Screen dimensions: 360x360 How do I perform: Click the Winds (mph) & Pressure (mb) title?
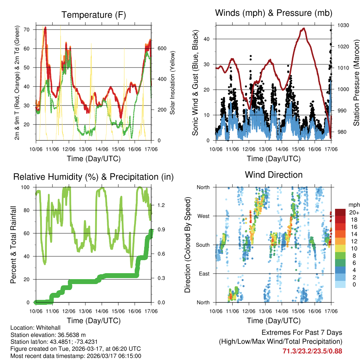[x=274, y=13]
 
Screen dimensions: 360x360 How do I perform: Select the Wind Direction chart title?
[x=274, y=174]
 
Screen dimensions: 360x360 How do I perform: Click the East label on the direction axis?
[x=204, y=274]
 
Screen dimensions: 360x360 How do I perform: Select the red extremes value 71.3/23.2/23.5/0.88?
[x=312, y=351]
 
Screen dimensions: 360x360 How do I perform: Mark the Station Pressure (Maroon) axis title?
[x=356, y=83]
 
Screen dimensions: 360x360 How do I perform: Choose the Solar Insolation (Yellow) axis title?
[x=173, y=83]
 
